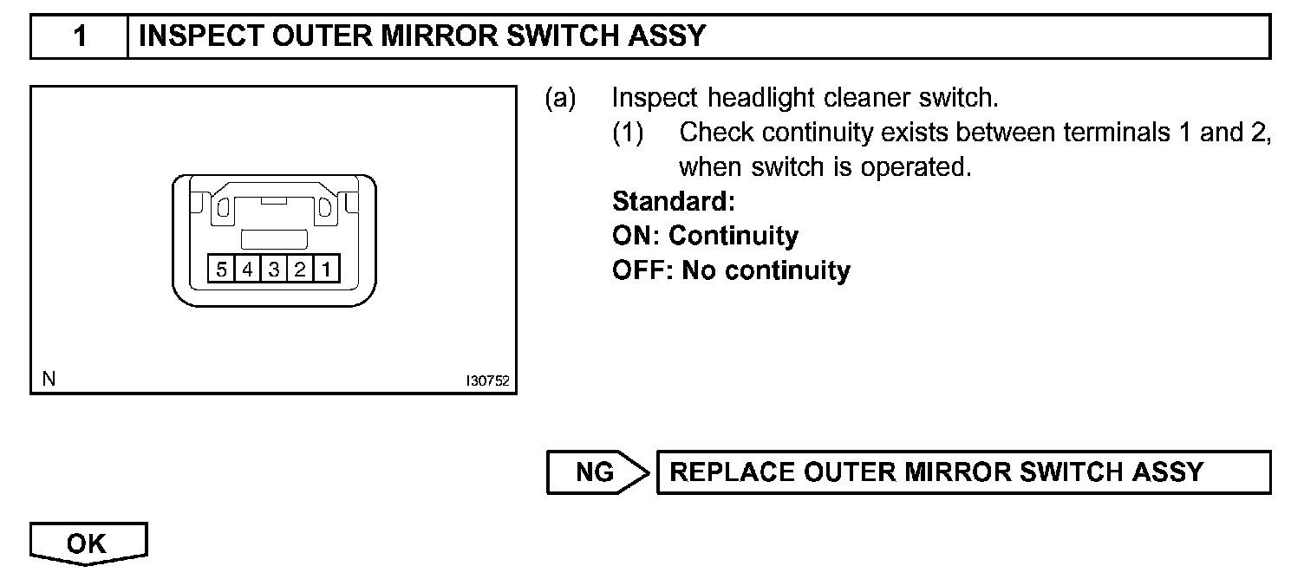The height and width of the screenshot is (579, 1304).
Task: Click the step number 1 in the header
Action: (x=79, y=37)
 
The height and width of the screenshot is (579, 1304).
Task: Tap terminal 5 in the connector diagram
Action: (x=221, y=270)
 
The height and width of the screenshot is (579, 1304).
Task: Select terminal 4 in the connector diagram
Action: (x=247, y=270)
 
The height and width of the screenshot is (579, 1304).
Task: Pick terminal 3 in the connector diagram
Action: (x=273, y=270)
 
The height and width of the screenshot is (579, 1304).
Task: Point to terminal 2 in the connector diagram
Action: (x=299, y=270)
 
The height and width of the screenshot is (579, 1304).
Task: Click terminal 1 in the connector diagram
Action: (x=326, y=270)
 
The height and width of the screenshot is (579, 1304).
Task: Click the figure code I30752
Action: (x=487, y=381)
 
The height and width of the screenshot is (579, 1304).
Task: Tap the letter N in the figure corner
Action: (x=48, y=379)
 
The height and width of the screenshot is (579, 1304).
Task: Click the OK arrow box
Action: (x=88, y=543)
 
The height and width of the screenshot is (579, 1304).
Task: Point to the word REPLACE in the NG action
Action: (x=733, y=472)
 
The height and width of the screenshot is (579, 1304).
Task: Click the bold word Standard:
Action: (x=674, y=202)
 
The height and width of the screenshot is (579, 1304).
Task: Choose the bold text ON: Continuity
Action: (x=705, y=236)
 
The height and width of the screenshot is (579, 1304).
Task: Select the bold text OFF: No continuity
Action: (x=731, y=270)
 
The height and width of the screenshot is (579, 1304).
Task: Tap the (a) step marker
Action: (x=560, y=98)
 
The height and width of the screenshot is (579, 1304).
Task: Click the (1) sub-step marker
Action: (x=628, y=133)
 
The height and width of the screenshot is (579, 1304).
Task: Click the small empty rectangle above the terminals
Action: (x=273, y=240)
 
